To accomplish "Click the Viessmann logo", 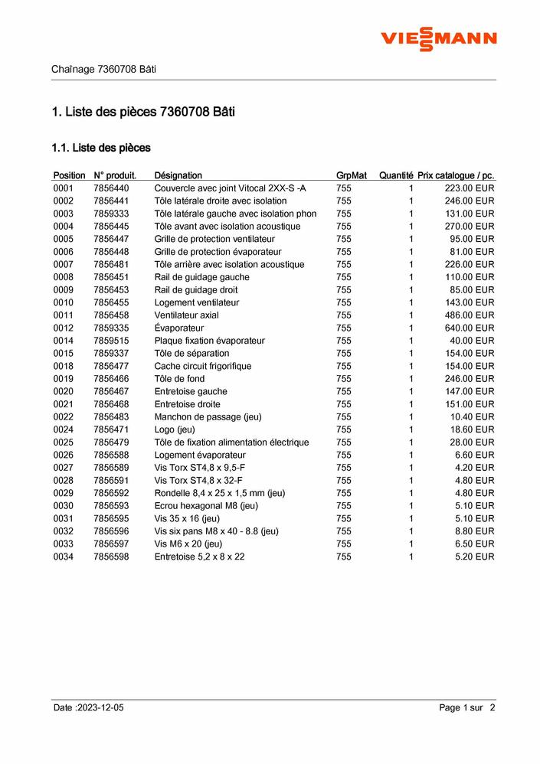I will click(x=439, y=38).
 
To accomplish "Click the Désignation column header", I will click(x=178, y=175).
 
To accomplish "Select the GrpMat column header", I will click(x=352, y=175).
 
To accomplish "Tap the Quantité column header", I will click(x=395, y=175).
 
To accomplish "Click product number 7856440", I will click(x=111, y=188).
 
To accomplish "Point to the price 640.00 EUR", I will click(x=470, y=328).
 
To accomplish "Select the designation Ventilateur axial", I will click(x=186, y=315).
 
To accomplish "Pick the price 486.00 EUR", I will click(x=470, y=315).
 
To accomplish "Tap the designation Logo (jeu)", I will click(x=175, y=429).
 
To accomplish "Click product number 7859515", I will click(x=111, y=341).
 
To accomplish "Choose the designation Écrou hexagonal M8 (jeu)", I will click(x=206, y=506).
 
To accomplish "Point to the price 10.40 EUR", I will click(x=473, y=416).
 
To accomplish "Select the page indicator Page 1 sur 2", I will click(x=467, y=708).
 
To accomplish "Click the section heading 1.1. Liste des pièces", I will click(x=100, y=147).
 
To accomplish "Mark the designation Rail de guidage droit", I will click(x=195, y=289).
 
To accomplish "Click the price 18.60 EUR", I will click(x=473, y=429).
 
